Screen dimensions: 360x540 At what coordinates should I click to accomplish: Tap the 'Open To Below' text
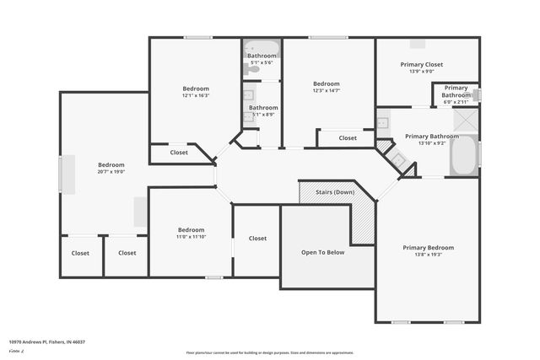click(323, 253)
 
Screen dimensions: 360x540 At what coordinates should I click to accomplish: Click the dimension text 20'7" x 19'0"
click(111, 172)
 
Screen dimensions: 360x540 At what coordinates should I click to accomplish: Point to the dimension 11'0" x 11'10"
click(191, 237)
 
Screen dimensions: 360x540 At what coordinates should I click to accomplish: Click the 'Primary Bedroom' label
click(428, 248)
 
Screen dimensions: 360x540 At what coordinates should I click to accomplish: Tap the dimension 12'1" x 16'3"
click(196, 95)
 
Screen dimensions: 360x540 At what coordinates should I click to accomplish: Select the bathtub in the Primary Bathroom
click(463, 154)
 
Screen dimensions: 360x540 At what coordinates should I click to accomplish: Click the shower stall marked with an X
click(465, 120)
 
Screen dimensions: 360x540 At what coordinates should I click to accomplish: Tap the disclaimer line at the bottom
click(269, 353)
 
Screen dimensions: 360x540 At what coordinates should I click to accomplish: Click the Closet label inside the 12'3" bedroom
click(348, 137)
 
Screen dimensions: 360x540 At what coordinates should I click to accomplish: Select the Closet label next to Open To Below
click(257, 239)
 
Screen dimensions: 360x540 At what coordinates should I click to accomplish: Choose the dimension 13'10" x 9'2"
click(431, 143)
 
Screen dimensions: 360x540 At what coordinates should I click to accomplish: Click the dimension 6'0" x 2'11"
click(456, 102)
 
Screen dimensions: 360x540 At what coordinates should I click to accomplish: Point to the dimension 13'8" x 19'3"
click(428, 255)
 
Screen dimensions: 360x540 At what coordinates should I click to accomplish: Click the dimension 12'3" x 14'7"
click(326, 91)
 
